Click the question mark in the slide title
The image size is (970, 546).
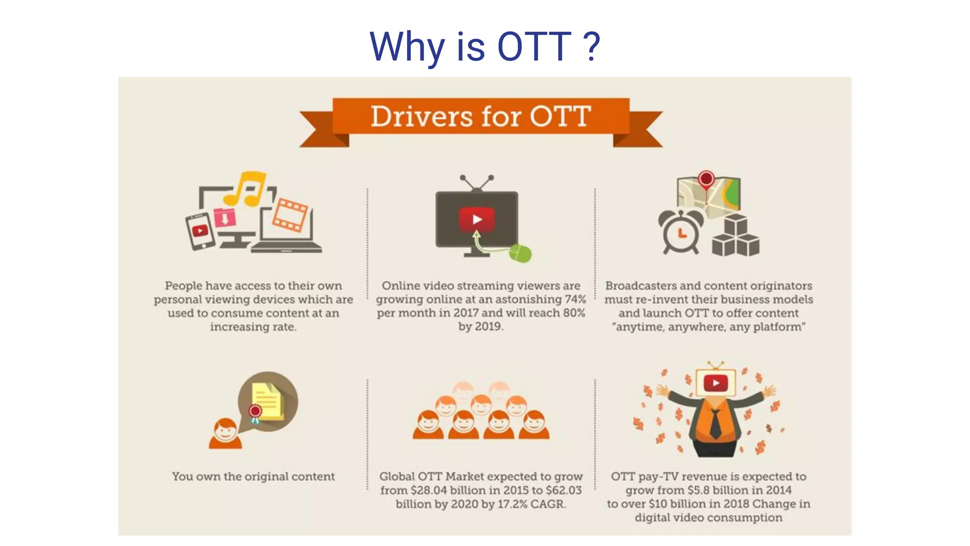(x=592, y=46)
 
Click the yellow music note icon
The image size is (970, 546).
(x=246, y=188)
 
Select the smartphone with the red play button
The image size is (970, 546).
(x=200, y=231)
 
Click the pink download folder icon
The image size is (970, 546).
(x=225, y=218)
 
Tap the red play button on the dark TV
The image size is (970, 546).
(x=476, y=219)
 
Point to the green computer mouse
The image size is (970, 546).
(x=521, y=253)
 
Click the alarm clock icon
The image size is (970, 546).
(x=681, y=232)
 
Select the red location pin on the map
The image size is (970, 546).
(x=706, y=180)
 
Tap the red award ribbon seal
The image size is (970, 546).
(x=255, y=411)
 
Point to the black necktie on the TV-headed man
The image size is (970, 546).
(x=715, y=423)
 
